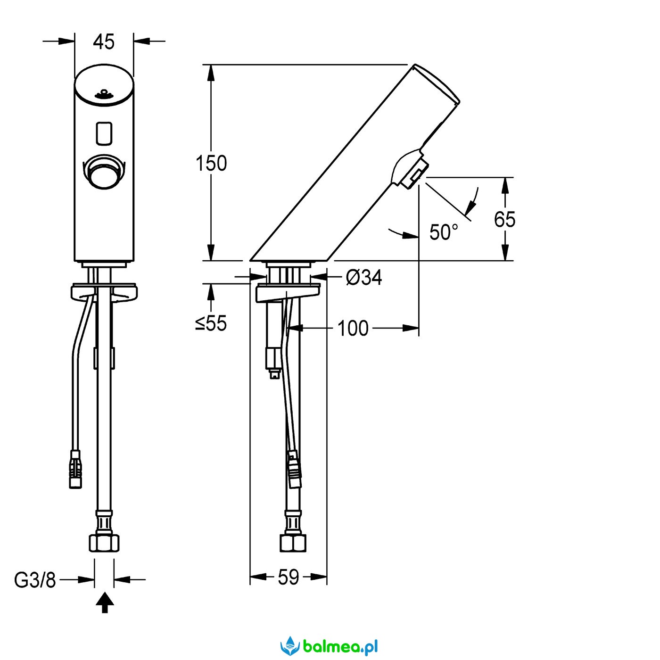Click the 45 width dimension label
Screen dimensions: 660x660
[104, 42]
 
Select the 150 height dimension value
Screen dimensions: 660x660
[211, 163]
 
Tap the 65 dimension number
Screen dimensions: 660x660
[504, 219]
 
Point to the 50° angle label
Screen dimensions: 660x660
[443, 232]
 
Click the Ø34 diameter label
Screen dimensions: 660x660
[363, 277]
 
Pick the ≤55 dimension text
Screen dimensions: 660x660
[211, 323]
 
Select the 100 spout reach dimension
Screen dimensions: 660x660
[353, 328]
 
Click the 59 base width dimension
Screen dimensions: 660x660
[288, 577]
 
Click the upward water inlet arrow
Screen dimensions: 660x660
[104, 603]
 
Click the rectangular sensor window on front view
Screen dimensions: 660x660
[104, 132]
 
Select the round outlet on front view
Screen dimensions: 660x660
[104, 172]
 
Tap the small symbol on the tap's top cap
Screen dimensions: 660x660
[104, 94]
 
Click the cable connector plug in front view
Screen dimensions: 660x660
[75, 469]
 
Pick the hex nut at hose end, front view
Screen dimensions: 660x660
[104, 543]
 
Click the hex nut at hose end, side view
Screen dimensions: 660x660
[293, 543]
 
